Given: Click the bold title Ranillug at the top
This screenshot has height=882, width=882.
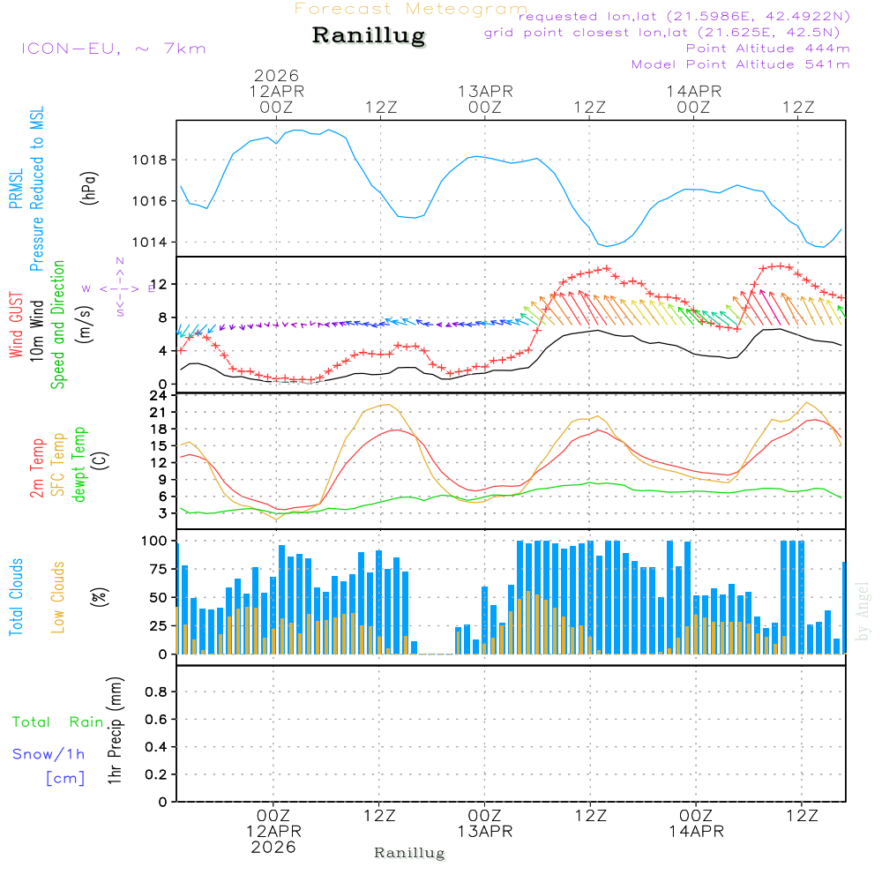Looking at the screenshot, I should (x=369, y=36).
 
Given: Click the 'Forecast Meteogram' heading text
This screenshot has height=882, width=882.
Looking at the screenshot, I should (x=411, y=9).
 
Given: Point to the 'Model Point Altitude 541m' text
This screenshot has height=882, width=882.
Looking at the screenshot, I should (x=740, y=64).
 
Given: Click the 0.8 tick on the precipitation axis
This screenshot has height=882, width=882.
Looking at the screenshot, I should (x=155, y=692).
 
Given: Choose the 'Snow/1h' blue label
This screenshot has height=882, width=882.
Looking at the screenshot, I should (x=49, y=755).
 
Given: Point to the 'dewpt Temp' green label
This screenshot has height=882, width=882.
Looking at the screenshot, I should (x=80, y=465).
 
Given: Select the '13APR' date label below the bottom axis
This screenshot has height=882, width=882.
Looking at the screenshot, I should (x=484, y=832).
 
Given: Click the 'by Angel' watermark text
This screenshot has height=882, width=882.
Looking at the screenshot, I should (x=863, y=612).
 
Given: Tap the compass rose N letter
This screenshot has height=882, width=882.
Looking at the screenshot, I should (x=120, y=261).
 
